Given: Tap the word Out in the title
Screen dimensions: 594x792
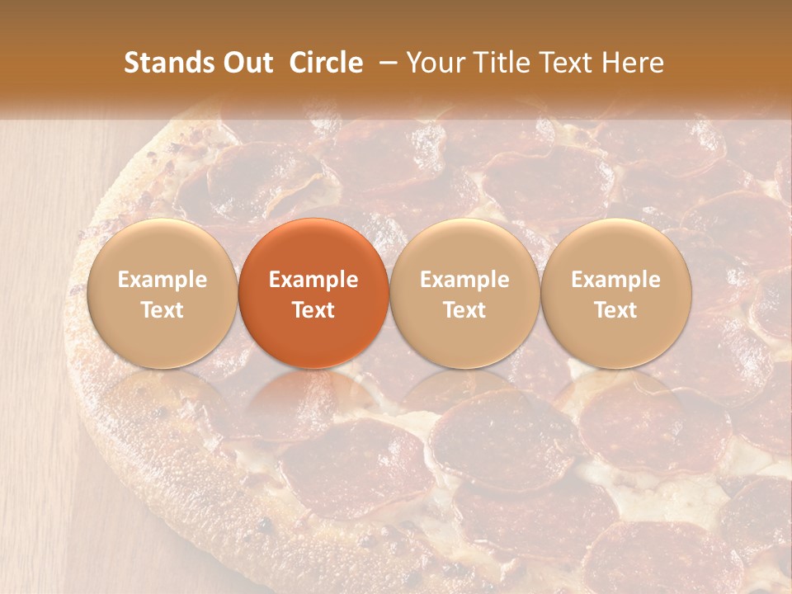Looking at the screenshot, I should [x=245, y=64].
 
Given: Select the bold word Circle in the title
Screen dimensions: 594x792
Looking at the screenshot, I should [x=326, y=64].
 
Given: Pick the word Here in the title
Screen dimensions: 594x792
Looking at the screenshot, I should [x=634, y=64].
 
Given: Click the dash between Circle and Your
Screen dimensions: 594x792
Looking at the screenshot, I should [x=384, y=64].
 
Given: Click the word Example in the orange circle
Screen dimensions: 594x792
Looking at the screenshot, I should [x=313, y=280].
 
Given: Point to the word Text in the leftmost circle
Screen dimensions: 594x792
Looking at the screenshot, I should [x=163, y=310].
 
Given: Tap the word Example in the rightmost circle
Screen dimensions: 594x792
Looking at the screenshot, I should [x=616, y=280].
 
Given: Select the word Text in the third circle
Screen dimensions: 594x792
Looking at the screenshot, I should [x=464, y=310].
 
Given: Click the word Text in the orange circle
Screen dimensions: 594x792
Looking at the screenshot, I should [x=313, y=310].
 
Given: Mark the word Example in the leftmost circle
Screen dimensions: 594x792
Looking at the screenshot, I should [x=163, y=280].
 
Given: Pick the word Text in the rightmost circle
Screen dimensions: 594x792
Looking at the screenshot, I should [x=616, y=310].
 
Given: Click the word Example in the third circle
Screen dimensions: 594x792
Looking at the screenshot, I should [x=464, y=280].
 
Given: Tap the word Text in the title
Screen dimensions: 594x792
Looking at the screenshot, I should [x=569, y=64].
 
